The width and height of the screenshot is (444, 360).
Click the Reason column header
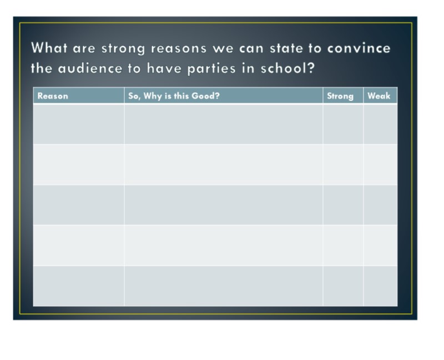coord(53,96)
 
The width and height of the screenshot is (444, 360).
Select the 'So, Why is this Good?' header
coord(174,96)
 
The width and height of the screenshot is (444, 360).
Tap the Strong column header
coord(340,96)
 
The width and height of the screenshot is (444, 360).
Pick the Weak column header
coord(379,96)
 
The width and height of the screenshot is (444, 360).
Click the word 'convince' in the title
coord(359,48)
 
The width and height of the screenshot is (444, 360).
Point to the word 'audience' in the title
coord(90,68)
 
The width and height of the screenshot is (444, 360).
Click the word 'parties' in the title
coord(211,68)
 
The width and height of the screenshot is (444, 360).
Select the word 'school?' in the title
coord(287,68)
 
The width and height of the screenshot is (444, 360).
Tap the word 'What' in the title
coord(49,47)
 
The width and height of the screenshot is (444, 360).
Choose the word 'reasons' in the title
coord(179,48)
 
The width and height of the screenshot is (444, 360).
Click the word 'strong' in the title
coord(123,48)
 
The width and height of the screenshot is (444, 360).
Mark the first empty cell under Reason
coord(79,124)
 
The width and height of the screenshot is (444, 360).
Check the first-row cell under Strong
coord(343,124)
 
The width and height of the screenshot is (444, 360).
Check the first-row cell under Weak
coord(380,124)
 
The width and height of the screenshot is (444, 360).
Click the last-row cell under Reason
coord(79,286)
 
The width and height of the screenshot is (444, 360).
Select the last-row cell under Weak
coord(380,286)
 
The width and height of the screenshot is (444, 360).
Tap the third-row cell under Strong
coord(343,205)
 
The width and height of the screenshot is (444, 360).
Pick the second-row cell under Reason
coord(79,164)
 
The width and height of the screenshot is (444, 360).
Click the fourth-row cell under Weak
coord(380,245)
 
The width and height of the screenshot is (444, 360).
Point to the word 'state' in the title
coord(286,48)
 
